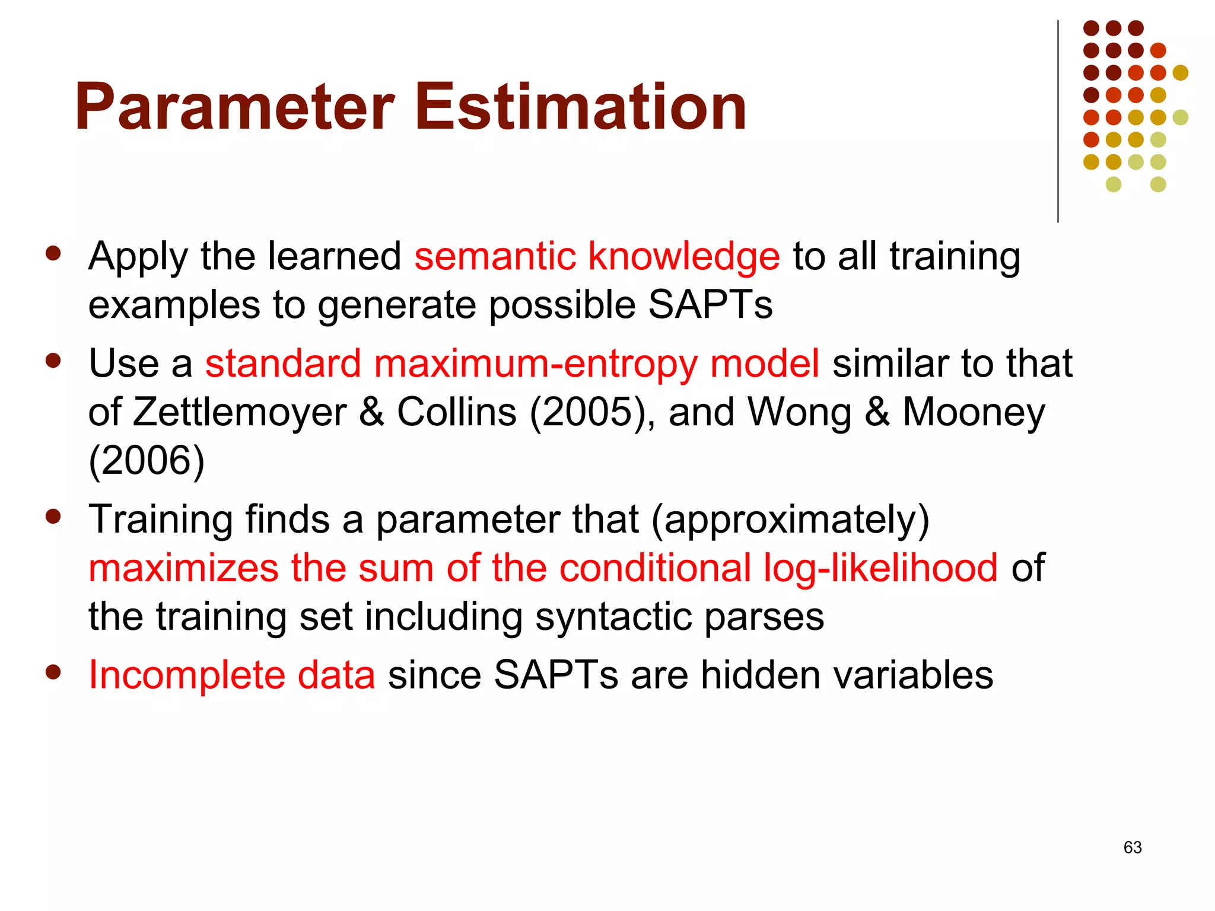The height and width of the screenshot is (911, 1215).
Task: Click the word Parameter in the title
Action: click(x=234, y=108)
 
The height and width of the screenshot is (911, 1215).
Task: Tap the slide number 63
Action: click(x=1132, y=848)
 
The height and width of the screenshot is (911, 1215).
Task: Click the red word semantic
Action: click(x=495, y=257)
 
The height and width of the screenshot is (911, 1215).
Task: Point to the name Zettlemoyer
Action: click(x=239, y=413)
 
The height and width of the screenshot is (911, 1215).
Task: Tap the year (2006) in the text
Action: click(x=147, y=461)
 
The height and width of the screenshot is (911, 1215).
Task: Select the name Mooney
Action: click(x=973, y=413)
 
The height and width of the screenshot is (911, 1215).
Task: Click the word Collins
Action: click(x=456, y=413)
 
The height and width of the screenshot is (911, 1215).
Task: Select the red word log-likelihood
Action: click(x=880, y=568)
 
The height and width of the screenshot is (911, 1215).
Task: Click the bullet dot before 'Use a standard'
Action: click(x=53, y=361)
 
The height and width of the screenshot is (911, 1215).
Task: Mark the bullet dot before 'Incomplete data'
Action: click(x=53, y=672)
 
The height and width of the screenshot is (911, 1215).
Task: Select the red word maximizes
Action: click(x=183, y=568)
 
